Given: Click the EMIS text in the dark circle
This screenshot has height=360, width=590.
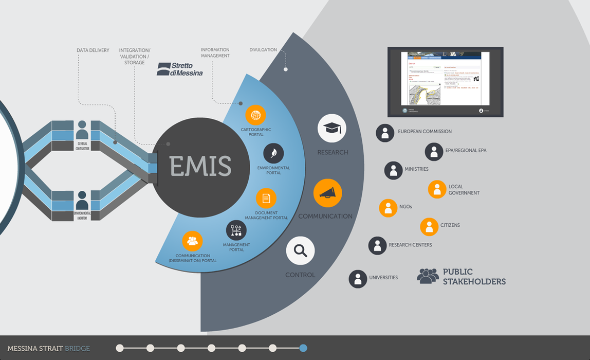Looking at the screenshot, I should point(200,167).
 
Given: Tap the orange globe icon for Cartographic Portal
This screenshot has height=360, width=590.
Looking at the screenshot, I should point(255,115).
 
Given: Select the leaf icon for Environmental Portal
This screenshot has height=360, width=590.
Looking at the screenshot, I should point(273,154).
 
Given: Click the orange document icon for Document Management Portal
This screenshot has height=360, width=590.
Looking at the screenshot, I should point(266,198).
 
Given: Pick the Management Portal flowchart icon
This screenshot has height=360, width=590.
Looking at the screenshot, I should point(236,230).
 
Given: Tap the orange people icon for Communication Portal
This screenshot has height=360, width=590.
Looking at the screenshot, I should point(192,241).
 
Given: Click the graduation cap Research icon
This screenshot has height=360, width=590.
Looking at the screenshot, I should point(331,129).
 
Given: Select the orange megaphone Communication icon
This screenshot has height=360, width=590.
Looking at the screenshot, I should point(327,193).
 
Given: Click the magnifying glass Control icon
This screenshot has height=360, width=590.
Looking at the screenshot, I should point(300,251).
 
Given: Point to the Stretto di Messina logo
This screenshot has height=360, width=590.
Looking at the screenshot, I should point(180,69).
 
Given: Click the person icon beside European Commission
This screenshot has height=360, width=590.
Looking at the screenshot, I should point(385,133).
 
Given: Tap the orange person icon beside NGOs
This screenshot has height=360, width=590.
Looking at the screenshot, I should point(388,208).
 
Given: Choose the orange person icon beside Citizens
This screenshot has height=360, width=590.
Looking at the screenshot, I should point(429,227).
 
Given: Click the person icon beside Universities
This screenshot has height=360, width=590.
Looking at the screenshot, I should point(358,279).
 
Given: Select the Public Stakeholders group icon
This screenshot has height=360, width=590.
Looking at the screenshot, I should point(428,276).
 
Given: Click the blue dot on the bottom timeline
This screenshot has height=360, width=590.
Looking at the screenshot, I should point(303,348).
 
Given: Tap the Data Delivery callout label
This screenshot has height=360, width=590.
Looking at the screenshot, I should point(93,50).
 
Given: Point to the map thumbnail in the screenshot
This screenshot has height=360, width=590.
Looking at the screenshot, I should point(424,95).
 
